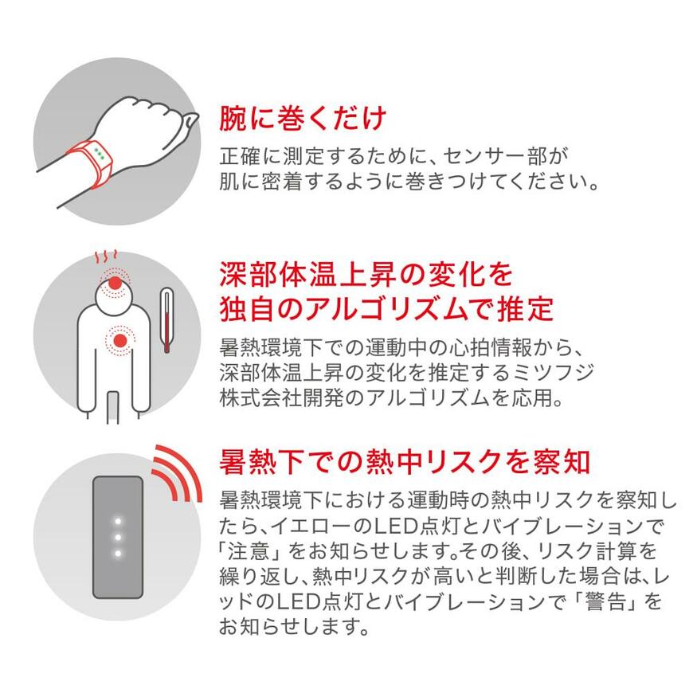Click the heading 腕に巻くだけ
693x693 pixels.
pyautogui.click(x=303, y=119)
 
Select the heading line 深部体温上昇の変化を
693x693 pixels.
pyautogui.click(x=366, y=276)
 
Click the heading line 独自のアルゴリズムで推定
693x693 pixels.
pyautogui.click(x=386, y=308)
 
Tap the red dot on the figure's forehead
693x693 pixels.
pyautogui.click(x=117, y=283)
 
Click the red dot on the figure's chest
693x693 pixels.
pyautogui.click(x=120, y=341)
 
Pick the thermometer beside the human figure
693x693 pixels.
pyautogui.click(x=166, y=319)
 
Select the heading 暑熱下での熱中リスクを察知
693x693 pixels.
pyautogui.click(x=405, y=461)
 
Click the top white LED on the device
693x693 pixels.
pyautogui.click(x=117, y=522)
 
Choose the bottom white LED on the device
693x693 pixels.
pyautogui.click(x=117, y=553)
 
